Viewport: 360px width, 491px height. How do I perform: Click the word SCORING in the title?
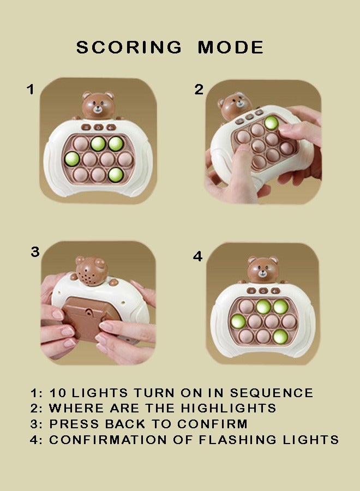129,47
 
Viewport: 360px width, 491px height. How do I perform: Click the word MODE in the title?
231,47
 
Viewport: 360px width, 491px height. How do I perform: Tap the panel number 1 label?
31,89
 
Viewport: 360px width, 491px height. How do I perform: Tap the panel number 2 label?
199,89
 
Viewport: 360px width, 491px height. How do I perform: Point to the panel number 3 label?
35,252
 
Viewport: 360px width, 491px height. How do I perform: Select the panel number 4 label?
197,256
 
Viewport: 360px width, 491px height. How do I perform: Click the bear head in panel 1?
98,105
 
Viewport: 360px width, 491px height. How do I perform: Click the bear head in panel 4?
263,270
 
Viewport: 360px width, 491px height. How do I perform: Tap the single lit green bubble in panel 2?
271,123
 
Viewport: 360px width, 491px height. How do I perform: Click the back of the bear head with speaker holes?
91,271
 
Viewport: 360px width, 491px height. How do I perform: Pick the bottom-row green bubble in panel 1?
115,175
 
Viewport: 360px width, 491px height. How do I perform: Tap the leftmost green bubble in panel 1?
71,158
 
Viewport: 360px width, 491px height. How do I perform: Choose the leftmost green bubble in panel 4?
238,321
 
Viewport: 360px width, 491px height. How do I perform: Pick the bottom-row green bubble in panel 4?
280,336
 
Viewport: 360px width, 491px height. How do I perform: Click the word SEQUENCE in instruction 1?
272,393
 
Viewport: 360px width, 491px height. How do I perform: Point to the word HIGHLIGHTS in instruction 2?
228,408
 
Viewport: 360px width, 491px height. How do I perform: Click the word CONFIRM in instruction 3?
212,424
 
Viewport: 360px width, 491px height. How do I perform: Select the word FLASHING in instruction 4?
238,440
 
